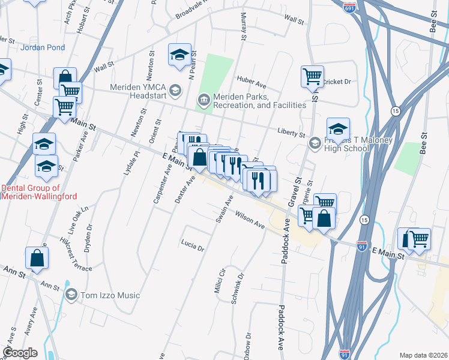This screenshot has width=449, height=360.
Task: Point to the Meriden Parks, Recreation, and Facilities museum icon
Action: coord(204,100)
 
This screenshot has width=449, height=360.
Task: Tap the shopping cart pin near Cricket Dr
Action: coord(312,76)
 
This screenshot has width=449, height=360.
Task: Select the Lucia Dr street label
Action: coord(192,244)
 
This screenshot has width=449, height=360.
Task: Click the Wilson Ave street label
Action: coord(250,220)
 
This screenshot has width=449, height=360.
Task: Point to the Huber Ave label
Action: coord(252,79)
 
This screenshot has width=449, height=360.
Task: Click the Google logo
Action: coord(20,353)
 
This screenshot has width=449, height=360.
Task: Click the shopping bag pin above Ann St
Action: coord(37,258)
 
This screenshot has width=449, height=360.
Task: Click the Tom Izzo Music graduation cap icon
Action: coord(71,295)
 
